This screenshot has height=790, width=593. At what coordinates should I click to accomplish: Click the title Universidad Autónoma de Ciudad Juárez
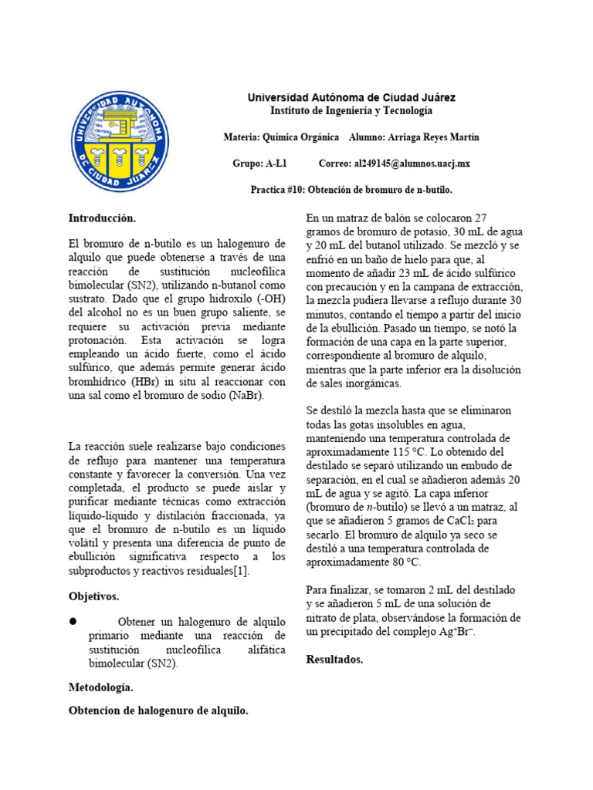351,98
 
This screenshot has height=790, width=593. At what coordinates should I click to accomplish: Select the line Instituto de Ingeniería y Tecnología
351,111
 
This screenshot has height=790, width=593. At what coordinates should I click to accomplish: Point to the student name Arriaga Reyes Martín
435,137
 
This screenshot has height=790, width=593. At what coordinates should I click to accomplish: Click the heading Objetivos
93,596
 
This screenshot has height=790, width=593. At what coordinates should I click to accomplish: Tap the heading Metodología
100,687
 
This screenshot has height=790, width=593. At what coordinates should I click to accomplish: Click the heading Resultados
334,660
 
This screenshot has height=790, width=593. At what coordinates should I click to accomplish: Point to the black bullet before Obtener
74,621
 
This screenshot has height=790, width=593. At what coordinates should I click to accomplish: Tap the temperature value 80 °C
405,562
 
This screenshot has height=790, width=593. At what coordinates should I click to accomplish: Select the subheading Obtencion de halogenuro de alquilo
158,711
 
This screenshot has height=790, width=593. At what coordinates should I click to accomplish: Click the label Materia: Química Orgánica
280,137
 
